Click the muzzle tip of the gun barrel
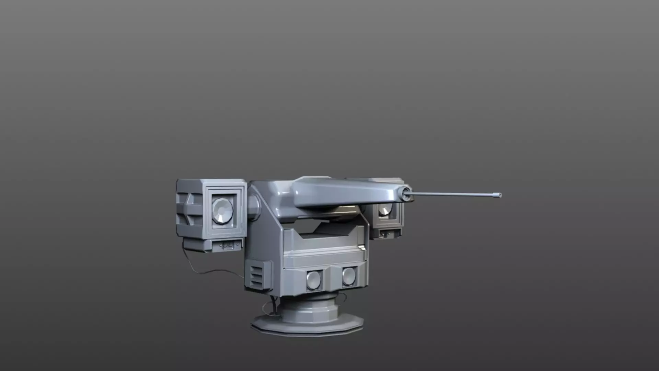coord(497,195)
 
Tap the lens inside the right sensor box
coord(385,209)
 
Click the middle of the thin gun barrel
coord(453,195)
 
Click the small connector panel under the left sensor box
coord(227,245)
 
